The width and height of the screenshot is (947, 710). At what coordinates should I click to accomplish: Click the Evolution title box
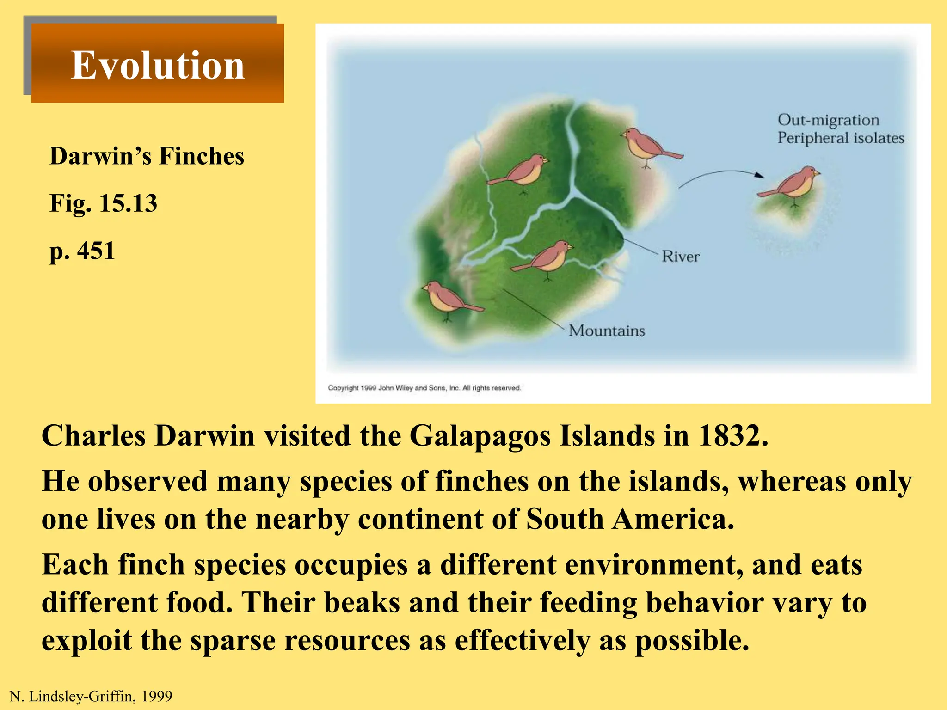(x=157, y=64)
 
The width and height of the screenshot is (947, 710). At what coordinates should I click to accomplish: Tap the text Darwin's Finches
(x=147, y=156)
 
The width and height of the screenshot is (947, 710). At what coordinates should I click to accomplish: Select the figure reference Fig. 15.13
(x=103, y=203)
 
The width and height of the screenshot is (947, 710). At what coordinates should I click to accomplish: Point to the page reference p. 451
(x=82, y=251)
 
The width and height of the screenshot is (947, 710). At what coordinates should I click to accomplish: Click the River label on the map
(x=680, y=257)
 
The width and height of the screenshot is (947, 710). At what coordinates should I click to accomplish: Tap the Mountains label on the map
(x=606, y=331)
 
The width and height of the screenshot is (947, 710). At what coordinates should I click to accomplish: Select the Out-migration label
(x=828, y=120)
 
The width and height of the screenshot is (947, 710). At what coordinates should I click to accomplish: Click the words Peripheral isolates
(x=840, y=138)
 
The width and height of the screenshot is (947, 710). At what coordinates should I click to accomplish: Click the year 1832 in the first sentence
(x=732, y=435)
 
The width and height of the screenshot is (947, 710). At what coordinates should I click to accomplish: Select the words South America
(x=630, y=519)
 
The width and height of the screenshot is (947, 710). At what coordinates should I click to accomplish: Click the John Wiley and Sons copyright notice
(x=424, y=388)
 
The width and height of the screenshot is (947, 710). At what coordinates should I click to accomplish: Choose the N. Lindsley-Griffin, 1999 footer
(x=91, y=696)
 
